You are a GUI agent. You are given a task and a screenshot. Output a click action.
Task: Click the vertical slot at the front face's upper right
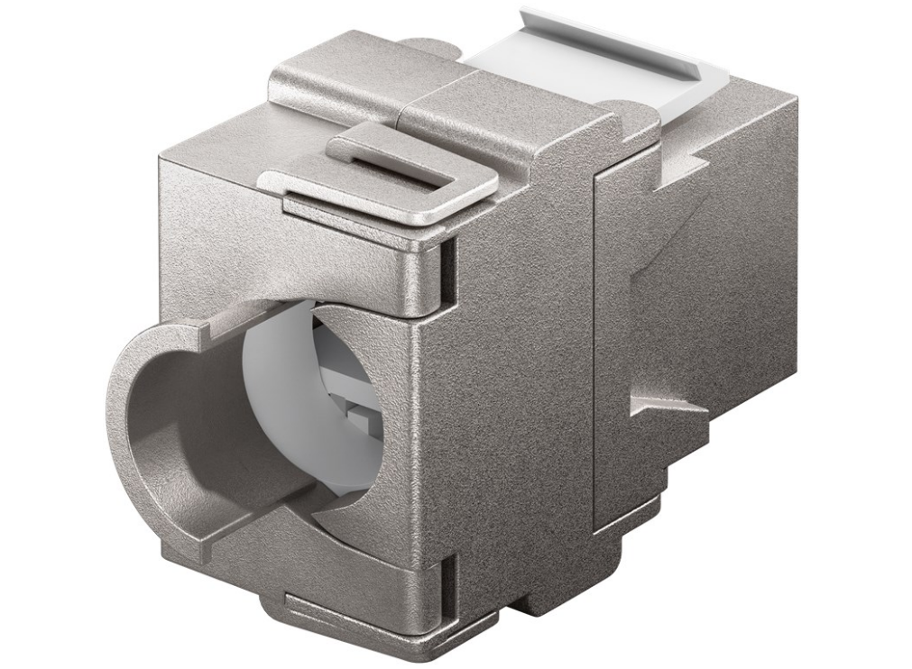[445, 266]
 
